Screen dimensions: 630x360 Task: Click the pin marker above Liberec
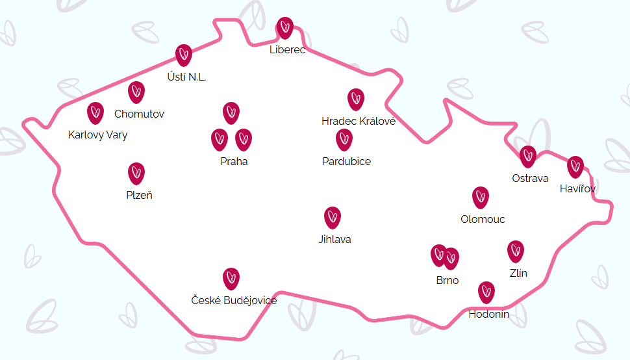[x=285, y=27]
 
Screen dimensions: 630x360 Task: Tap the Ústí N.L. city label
[x=187, y=77]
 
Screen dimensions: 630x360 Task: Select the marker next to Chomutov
[x=136, y=92]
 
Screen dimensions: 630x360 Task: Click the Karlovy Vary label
[x=97, y=135]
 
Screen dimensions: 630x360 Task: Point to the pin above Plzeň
[x=136, y=173]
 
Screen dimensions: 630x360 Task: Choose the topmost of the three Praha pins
[x=231, y=112]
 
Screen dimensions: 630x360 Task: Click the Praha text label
[x=234, y=161]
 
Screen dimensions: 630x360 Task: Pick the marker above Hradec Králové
[x=355, y=99]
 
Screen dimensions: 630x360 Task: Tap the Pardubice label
[x=347, y=161]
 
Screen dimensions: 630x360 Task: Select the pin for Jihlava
[x=333, y=217]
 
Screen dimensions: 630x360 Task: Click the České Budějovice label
[x=234, y=300]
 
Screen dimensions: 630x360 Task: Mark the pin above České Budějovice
[x=231, y=278]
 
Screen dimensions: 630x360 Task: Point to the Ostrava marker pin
[x=528, y=156]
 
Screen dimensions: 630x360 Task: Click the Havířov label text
[x=577, y=188]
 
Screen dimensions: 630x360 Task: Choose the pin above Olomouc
[x=480, y=197]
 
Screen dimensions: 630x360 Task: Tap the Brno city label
[x=447, y=280]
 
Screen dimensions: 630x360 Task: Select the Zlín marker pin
[x=516, y=251]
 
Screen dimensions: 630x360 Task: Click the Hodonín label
[x=488, y=315]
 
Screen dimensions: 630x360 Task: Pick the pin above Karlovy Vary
[x=95, y=112]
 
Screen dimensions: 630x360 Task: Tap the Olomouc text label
[x=483, y=219]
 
